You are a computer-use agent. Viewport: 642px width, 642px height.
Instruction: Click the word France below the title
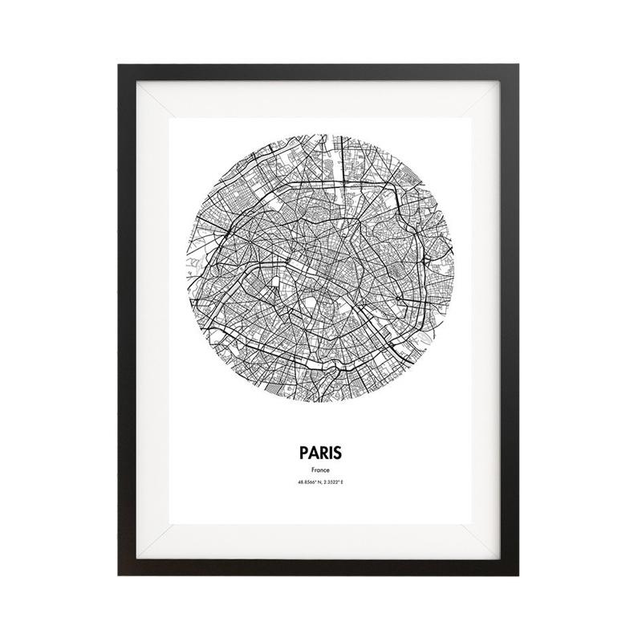[x=321, y=469]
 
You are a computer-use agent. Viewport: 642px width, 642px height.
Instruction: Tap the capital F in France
[x=312, y=469]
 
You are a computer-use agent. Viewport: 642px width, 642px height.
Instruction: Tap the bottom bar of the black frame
[x=321, y=571]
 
